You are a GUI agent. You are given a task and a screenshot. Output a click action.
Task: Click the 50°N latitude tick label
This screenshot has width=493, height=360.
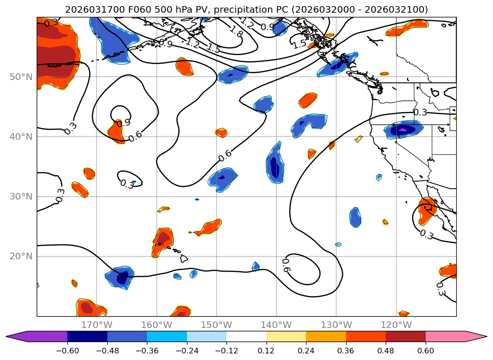(21, 77)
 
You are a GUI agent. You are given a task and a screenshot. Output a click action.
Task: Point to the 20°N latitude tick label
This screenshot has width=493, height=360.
(21, 256)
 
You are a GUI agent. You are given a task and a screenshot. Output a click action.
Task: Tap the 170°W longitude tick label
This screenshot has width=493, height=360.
(97, 325)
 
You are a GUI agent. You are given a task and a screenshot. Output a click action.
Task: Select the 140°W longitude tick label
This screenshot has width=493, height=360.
(276, 325)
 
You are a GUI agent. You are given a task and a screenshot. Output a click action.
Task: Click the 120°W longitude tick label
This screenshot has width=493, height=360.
(396, 325)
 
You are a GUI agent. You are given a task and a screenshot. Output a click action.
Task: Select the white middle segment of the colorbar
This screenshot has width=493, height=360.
(246, 336)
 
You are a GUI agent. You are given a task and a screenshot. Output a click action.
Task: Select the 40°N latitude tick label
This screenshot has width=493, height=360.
(21, 136)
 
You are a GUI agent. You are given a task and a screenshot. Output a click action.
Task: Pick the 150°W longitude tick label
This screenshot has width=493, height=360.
(217, 325)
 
